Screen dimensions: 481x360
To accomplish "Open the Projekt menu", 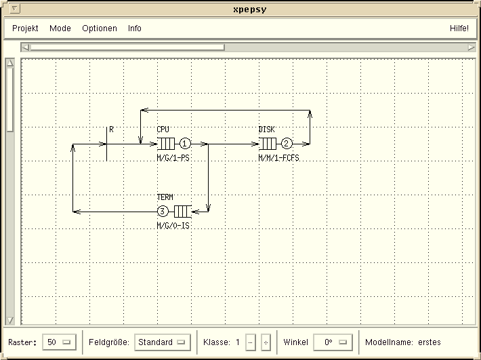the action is tap(25, 28).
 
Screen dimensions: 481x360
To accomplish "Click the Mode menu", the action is tap(60, 28).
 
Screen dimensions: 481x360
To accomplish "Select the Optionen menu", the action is tap(100, 28).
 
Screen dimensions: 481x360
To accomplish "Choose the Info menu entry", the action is tap(135, 28).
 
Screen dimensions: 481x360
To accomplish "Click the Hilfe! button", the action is tap(459, 28).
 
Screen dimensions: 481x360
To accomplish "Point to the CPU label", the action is tap(163, 129).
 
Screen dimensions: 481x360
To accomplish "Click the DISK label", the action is tap(266, 129).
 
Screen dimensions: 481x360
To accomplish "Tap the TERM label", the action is tap(165, 197).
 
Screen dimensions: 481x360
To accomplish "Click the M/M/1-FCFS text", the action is tap(279, 158).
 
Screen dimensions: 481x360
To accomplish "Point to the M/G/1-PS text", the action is tap(173, 158).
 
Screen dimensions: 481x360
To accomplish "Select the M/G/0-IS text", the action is tap(173, 226).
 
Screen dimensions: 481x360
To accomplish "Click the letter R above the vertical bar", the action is tap(111, 129).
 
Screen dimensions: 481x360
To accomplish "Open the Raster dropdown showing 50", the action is tap(59, 342).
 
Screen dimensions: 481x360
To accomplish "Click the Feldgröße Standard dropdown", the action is tap(163, 342).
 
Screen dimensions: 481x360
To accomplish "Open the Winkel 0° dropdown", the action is tap(333, 342).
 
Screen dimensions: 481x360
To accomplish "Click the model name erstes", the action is tap(430, 342).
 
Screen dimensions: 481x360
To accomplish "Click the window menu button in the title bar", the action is tap(15, 9).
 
